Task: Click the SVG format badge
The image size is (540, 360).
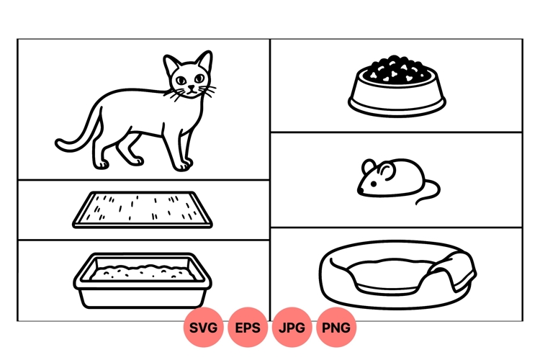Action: pyautogui.click(x=204, y=328)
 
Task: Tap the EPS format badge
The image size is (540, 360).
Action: pyautogui.click(x=248, y=328)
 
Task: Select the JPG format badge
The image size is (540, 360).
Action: pyautogui.click(x=292, y=328)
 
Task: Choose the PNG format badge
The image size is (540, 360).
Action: pyautogui.click(x=336, y=328)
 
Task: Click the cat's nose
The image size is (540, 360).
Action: pyautogui.click(x=191, y=88)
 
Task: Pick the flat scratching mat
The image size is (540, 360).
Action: pyautogui.click(x=144, y=209)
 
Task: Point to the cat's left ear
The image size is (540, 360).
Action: pyautogui.click(x=204, y=60)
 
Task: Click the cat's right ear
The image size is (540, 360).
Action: pyautogui.click(x=171, y=64)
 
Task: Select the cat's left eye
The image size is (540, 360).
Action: pyautogui.click(x=197, y=78)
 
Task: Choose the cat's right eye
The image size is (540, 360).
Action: pyautogui.click(x=181, y=78)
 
